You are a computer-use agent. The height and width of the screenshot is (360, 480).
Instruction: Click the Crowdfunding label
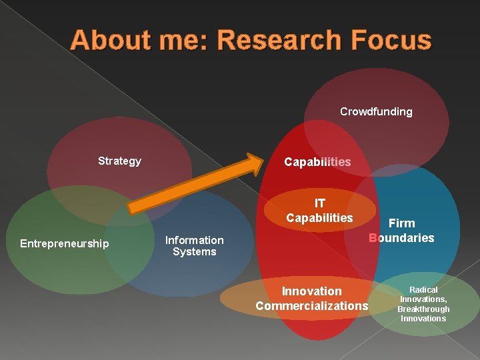[x=376, y=111]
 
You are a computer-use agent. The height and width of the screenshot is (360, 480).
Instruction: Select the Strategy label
[x=119, y=161]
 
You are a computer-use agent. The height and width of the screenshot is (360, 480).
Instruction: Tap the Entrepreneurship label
[x=64, y=243]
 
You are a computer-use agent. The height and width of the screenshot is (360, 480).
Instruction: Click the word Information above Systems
[x=194, y=240]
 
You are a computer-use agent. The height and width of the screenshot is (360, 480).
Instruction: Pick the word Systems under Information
[x=194, y=251]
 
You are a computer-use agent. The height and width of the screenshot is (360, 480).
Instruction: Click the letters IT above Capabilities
[x=320, y=203]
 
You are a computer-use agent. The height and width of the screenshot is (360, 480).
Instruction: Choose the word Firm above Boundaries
[x=401, y=223]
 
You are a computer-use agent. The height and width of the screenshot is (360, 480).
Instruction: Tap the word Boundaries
[x=401, y=238]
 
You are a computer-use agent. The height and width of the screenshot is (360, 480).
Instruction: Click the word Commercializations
[x=311, y=306]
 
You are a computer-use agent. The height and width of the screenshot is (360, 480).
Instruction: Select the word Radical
[x=423, y=290]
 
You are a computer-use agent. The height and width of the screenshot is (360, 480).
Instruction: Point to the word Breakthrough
[x=423, y=309]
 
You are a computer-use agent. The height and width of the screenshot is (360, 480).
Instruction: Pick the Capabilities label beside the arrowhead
[x=317, y=162]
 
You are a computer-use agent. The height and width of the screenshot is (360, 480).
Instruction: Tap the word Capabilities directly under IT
[x=319, y=218]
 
